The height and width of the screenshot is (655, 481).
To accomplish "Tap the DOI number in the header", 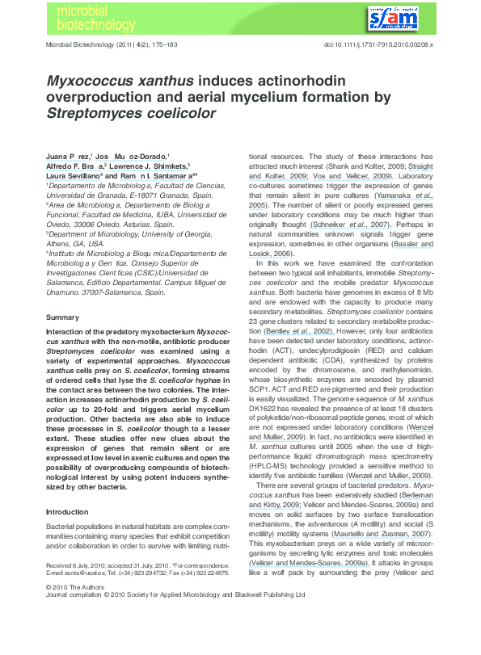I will (x=379, y=44).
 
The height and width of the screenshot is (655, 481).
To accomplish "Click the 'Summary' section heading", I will (x=62, y=317).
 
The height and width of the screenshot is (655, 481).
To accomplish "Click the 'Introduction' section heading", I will (x=67, y=489).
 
